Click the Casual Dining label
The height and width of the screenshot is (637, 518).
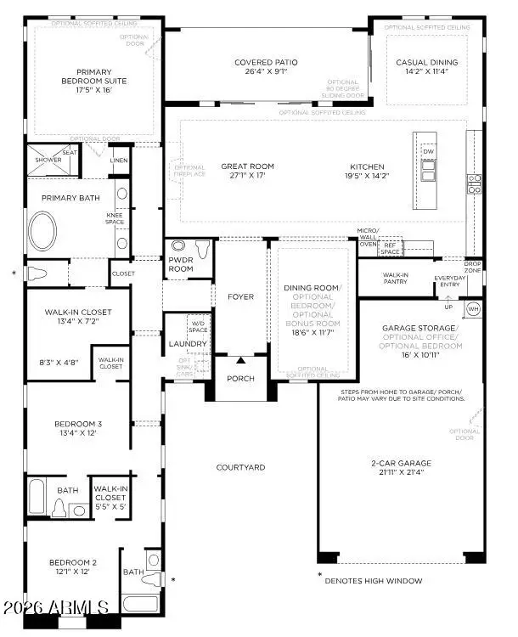coord(426,62)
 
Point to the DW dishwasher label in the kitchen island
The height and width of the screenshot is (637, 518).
coord(428,151)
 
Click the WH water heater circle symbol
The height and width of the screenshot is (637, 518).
coord(474,307)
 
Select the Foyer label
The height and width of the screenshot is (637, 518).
coord(240,296)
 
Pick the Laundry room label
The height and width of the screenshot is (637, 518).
coord(187,344)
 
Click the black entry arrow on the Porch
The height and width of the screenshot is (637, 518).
coord(240,361)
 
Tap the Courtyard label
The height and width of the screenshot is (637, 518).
coord(240,467)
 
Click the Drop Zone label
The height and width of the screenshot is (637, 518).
coord(472,266)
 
